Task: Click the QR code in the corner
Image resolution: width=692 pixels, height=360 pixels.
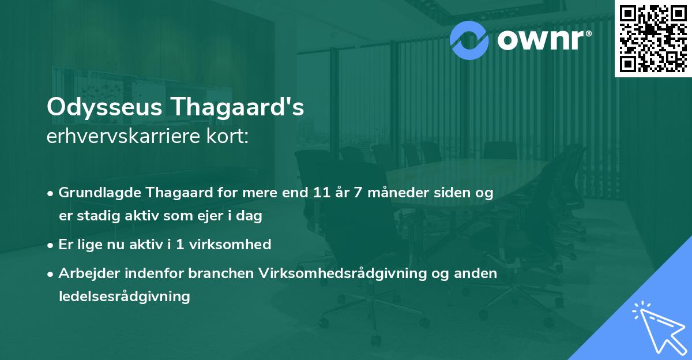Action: click(653, 38)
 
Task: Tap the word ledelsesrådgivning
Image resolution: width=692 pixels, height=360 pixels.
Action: click(124, 297)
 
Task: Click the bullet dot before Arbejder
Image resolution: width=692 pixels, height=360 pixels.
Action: click(51, 274)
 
